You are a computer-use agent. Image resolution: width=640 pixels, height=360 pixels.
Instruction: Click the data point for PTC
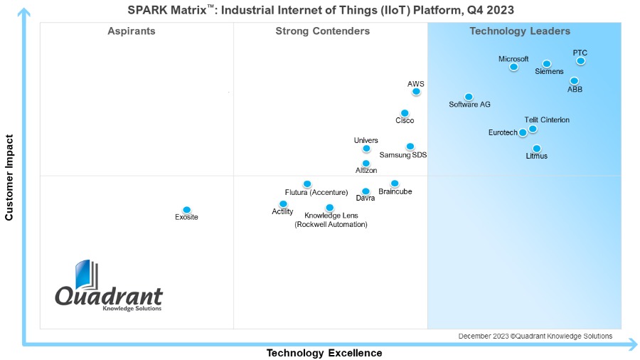[x=580, y=61]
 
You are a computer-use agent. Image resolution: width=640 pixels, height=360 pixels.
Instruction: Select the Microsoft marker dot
[x=513, y=67]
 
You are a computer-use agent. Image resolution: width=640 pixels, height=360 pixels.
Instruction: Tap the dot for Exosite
[x=186, y=210]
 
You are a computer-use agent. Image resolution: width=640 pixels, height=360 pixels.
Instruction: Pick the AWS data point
[x=416, y=91]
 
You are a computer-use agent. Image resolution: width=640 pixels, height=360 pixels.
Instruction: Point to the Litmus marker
[x=536, y=149]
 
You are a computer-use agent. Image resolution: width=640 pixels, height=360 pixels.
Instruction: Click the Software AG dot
[x=469, y=97]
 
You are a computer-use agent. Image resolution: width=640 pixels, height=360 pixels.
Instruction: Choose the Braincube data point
[x=395, y=184]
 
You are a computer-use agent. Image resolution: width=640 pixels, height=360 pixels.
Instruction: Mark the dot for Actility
[x=283, y=204]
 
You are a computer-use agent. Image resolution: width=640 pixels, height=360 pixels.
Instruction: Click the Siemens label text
[x=549, y=72]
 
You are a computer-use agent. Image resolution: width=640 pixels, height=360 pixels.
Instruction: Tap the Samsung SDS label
[x=403, y=155]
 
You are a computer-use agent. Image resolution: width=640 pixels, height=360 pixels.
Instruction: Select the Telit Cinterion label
[x=547, y=120]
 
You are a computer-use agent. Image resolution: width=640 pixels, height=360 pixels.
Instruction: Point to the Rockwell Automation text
[x=331, y=225]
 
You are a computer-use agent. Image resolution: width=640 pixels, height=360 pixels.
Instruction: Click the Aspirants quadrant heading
[x=132, y=31]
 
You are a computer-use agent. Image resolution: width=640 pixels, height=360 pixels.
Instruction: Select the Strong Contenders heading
[x=322, y=31]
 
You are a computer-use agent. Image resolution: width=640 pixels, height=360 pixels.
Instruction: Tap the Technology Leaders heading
[x=520, y=31]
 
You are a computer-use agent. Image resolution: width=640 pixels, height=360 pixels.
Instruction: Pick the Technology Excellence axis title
[x=324, y=353]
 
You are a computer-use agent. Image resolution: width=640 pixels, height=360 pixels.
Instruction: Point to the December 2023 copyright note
[x=535, y=337]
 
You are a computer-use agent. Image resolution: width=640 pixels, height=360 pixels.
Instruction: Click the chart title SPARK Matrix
[x=321, y=10]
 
